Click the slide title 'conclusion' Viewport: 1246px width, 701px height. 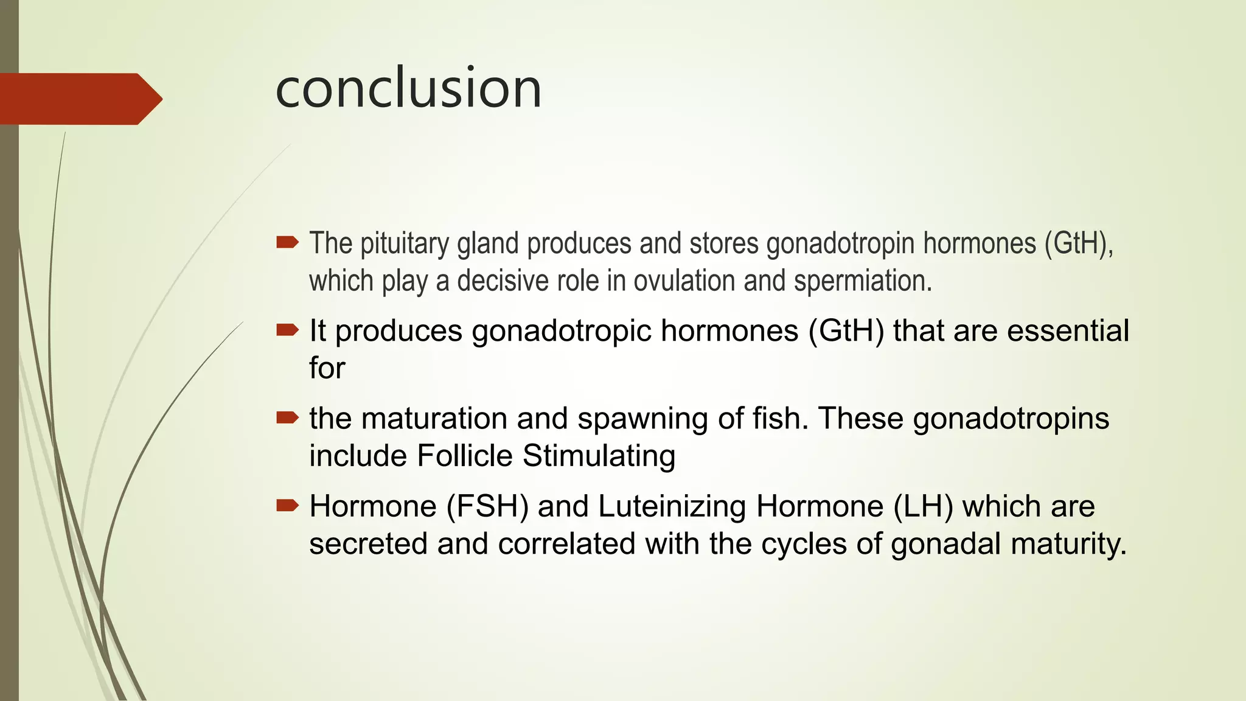pyautogui.click(x=408, y=89)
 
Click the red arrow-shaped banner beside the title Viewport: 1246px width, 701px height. pyautogui.click(x=79, y=99)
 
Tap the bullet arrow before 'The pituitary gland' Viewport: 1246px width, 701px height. pyautogui.click(x=287, y=243)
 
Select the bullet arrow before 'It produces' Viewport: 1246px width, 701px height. pyautogui.click(x=287, y=330)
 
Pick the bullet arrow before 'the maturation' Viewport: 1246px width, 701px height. pyautogui.click(x=287, y=417)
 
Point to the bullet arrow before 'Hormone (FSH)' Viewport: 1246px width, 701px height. pyautogui.click(x=287, y=505)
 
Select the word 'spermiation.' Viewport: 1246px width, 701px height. pyautogui.click(x=863, y=281)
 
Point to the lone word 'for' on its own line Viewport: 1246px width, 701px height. pyautogui.click(x=327, y=368)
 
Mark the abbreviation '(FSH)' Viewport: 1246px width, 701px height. pyautogui.click(x=487, y=506)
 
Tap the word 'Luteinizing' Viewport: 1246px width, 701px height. pyautogui.click(x=672, y=506)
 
